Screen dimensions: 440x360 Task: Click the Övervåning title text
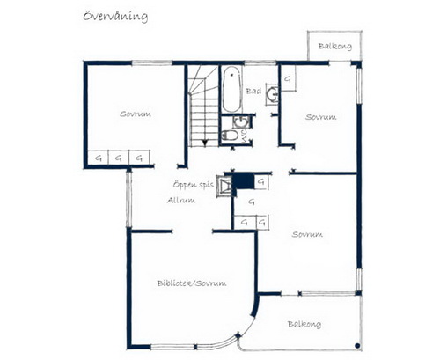[115, 16]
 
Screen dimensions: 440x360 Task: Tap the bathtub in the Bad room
[232, 89]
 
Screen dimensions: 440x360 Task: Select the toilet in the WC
[231, 136]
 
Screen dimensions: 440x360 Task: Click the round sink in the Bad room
[273, 94]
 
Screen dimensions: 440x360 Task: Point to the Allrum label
[181, 201]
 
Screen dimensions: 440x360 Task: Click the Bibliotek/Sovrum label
[192, 283]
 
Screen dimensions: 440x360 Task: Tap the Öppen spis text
[194, 185]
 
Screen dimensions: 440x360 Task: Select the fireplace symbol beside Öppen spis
[224, 186]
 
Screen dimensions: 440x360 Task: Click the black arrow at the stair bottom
[205, 143]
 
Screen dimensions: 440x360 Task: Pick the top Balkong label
[335, 47]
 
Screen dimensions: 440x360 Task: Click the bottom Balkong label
[304, 324]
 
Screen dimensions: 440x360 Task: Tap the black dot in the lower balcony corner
[357, 346]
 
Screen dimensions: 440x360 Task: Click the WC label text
[245, 136]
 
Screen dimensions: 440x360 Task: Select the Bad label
[253, 92]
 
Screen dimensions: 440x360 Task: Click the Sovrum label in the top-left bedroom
[136, 114]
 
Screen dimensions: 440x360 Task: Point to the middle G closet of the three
[119, 158]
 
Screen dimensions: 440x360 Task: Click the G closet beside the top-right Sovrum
[288, 78]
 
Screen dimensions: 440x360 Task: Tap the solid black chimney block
[245, 180]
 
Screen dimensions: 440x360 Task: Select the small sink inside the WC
[241, 121]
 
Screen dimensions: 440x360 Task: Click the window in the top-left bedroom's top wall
[151, 62]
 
